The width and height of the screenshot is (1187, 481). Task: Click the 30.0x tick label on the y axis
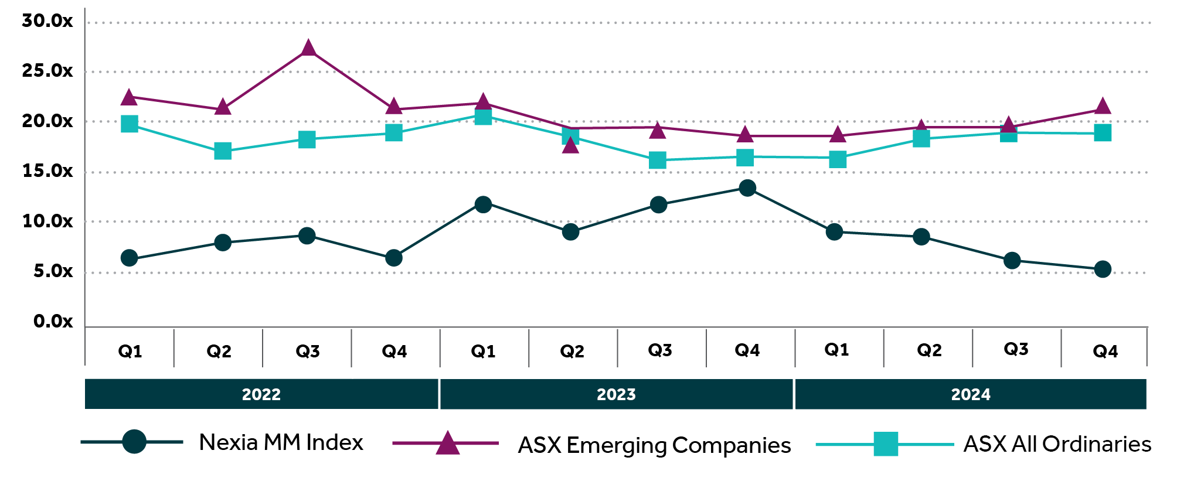(47, 21)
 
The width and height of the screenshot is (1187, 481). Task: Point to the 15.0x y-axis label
(47, 171)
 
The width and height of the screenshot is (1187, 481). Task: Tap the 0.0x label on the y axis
(53, 321)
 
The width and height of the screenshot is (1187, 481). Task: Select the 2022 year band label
(261, 394)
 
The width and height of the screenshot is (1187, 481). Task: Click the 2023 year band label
(616, 394)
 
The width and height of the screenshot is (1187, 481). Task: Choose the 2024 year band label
(971, 394)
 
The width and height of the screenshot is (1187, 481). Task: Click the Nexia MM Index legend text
(281, 442)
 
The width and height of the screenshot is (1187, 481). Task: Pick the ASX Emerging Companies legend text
(654, 445)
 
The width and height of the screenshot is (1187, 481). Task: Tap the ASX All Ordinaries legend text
(1057, 444)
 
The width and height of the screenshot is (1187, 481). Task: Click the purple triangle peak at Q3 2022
(308, 48)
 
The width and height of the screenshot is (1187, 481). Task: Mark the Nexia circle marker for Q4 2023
(747, 188)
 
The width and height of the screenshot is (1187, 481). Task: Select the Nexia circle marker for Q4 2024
(1103, 270)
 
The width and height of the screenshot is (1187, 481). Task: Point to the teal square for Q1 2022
(130, 124)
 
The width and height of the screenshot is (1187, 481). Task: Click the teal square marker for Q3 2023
(658, 160)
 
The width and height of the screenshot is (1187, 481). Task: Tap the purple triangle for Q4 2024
(1103, 107)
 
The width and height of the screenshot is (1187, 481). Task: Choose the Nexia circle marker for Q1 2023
(483, 204)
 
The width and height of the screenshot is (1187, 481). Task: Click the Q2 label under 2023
(572, 351)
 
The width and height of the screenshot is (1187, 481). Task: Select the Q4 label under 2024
(1106, 351)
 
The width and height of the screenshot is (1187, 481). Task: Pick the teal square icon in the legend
(886, 444)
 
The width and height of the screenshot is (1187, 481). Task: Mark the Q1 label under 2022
(130, 351)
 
